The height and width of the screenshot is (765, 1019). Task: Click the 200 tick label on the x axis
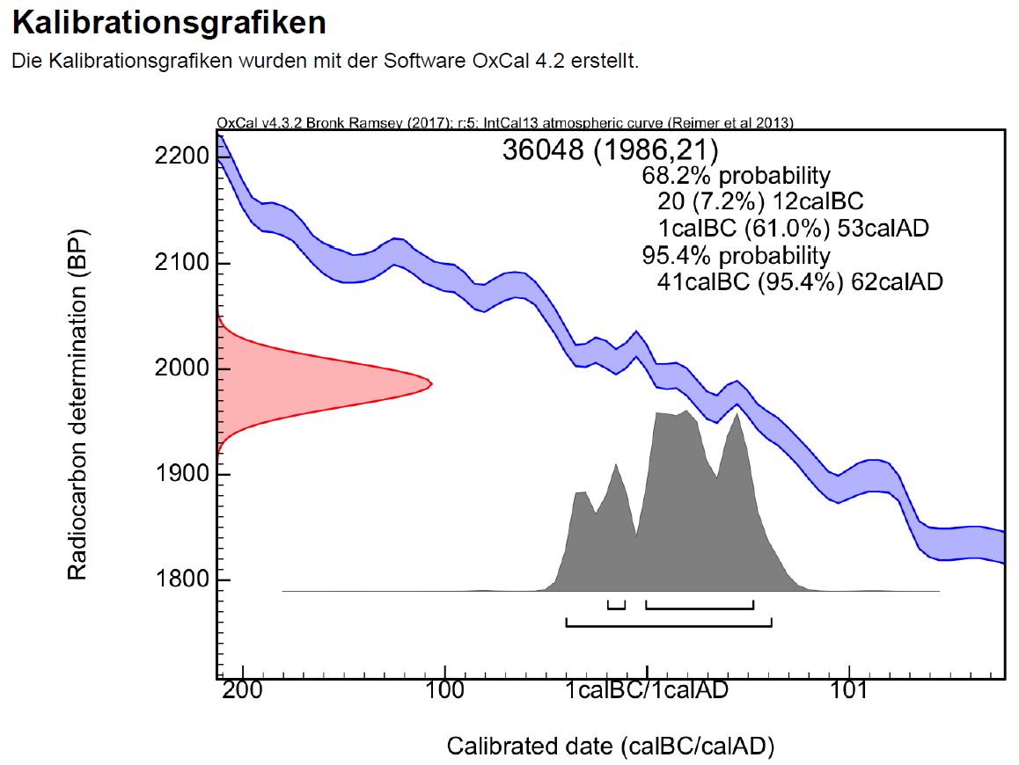[243, 691]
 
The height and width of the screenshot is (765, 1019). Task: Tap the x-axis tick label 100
[445, 691]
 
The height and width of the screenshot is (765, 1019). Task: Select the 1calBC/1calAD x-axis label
[647, 691]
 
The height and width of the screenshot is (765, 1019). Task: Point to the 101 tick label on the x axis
[849, 691]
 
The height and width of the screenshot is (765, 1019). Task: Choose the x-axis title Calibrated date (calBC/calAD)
[611, 747]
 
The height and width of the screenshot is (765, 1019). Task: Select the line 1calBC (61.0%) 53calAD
[793, 229]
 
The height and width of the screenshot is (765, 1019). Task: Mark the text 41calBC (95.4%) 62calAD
[800, 282]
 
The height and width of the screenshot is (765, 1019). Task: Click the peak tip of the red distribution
[430, 382]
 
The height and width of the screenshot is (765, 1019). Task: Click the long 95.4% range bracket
[669, 626]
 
